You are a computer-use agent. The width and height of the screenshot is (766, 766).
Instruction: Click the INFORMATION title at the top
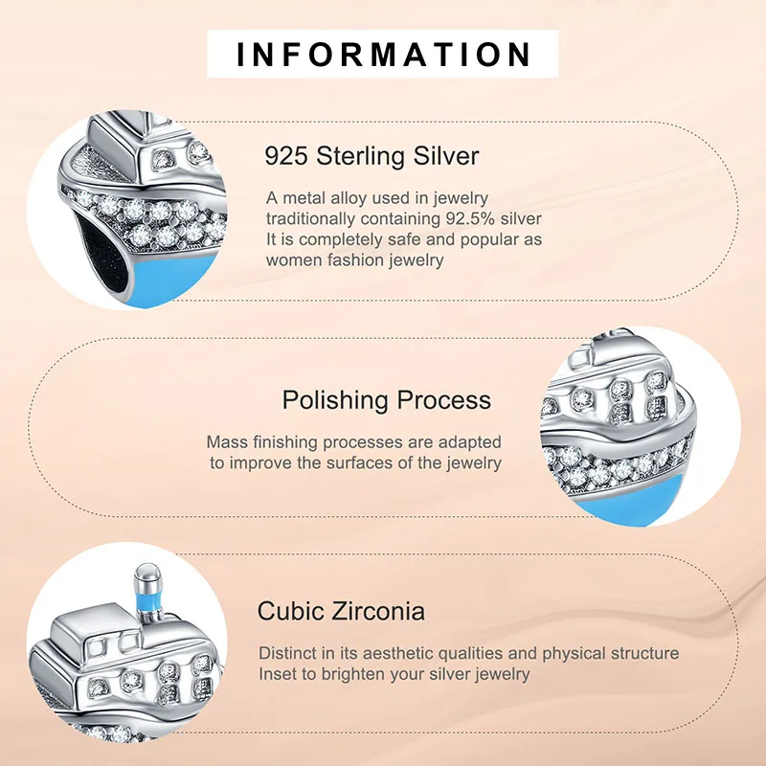click(x=383, y=54)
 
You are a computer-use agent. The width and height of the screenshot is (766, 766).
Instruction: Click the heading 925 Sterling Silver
click(x=372, y=155)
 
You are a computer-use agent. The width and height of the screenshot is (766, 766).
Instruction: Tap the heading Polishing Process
click(x=386, y=399)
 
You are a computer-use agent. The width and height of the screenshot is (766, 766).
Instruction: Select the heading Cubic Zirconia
click(x=341, y=611)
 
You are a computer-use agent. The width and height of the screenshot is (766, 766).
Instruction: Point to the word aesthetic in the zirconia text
click(x=393, y=653)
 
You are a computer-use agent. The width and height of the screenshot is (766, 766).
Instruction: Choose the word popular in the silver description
click(x=492, y=239)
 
